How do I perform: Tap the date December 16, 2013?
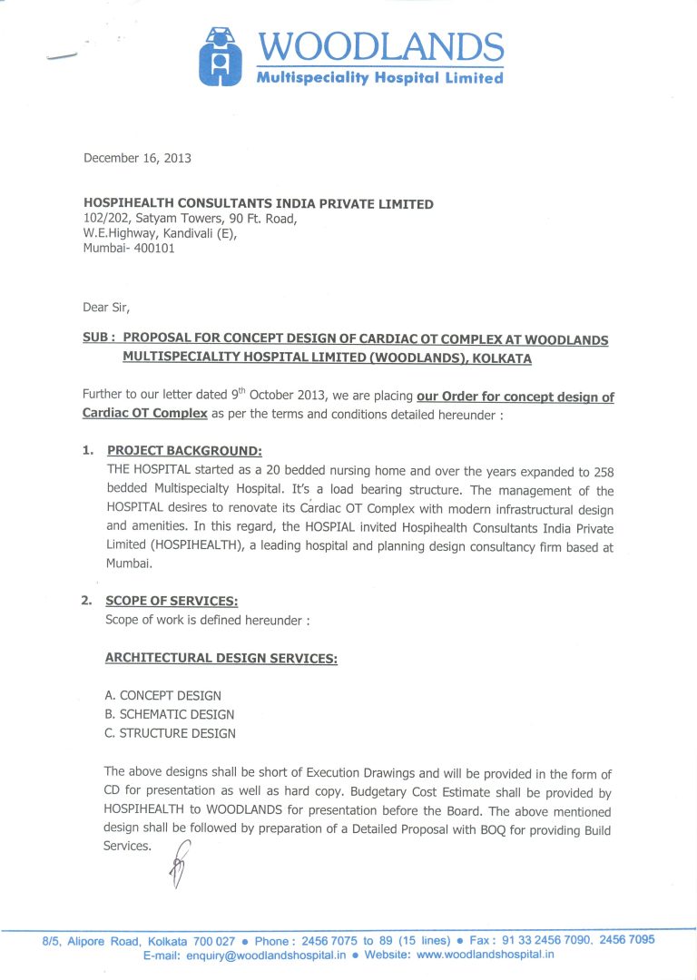click(x=137, y=158)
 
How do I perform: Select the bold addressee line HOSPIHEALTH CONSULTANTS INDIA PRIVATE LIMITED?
click(x=258, y=204)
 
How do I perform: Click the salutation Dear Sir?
click(x=106, y=307)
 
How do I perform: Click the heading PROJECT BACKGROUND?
click(x=184, y=451)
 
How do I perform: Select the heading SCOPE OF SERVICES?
click(x=172, y=601)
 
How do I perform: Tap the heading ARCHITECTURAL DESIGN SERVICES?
click(x=221, y=658)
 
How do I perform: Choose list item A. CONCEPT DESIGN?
click(x=163, y=696)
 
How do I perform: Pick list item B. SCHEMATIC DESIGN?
click(x=170, y=714)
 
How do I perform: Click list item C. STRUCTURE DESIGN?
click(x=171, y=733)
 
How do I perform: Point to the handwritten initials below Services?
click(x=179, y=862)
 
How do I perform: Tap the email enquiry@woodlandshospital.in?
click(x=266, y=955)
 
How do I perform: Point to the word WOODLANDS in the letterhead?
click(x=381, y=46)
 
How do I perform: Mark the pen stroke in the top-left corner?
click(x=61, y=56)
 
